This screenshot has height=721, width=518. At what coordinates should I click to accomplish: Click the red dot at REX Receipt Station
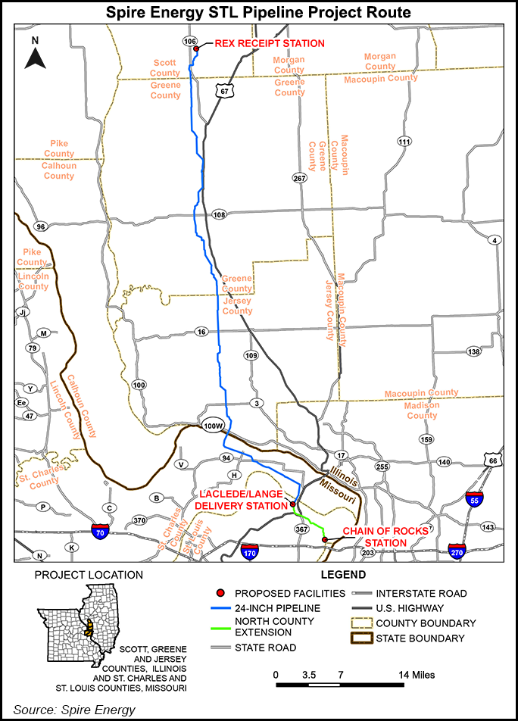tap(196, 49)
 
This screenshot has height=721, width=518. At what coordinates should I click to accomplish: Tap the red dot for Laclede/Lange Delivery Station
tap(292, 504)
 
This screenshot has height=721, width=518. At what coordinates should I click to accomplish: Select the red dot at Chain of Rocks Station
tap(325, 539)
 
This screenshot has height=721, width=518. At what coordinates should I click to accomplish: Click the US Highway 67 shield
tap(222, 90)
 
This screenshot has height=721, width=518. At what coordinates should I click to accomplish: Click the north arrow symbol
tap(35, 55)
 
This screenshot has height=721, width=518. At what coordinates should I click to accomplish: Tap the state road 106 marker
tap(190, 40)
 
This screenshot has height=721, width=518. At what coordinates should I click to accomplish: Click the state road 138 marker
tap(474, 351)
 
